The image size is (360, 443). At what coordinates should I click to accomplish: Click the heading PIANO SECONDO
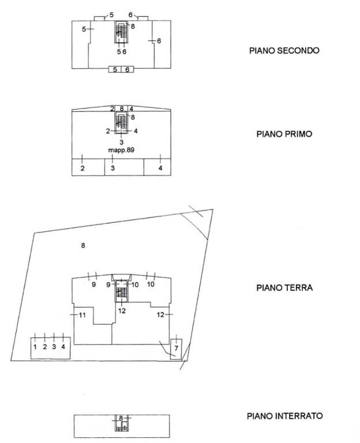(284, 51)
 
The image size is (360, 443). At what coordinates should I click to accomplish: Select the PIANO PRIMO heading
(284, 134)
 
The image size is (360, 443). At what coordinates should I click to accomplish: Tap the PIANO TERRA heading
(284, 288)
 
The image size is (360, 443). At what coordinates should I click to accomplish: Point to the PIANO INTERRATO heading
(284, 416)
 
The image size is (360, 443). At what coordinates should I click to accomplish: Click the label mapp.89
(121, 150)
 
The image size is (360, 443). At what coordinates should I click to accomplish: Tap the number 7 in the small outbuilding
(176, 348)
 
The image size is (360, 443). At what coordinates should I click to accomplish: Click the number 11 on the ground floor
(82, 315)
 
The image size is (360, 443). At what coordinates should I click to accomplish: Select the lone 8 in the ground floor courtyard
(83, 245)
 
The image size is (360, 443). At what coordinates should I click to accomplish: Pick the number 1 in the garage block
(35, 347)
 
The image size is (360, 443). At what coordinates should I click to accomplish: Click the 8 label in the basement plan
(121, 418)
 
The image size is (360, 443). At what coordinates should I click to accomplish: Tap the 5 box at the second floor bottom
(115, 69)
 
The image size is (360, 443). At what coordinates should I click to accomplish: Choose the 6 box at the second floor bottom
(127, 69)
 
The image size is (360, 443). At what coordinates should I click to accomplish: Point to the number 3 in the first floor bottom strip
(112, 168)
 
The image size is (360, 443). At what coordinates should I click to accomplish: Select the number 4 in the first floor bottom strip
(160, 168)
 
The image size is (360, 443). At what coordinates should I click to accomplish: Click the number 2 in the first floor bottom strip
(82, 168)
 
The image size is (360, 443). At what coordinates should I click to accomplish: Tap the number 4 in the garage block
(63, 347)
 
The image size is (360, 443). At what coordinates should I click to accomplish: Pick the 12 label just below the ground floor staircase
(122, 311)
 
